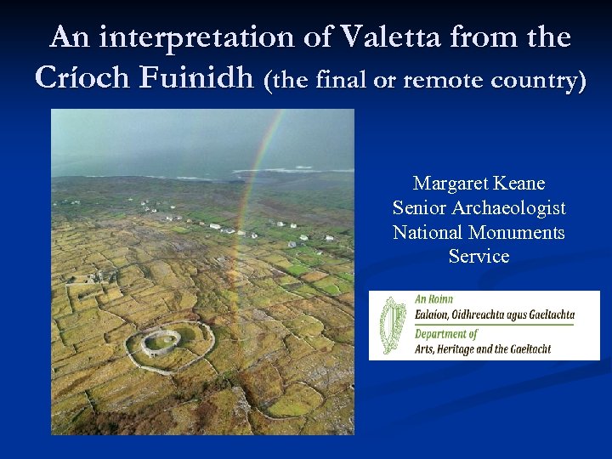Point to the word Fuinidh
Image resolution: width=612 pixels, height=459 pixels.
coord(197,78)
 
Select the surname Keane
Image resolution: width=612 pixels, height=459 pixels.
coord(518,184)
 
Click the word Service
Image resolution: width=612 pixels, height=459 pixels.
coord(479,257)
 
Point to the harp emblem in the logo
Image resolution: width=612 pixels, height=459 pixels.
coord(392,326)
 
